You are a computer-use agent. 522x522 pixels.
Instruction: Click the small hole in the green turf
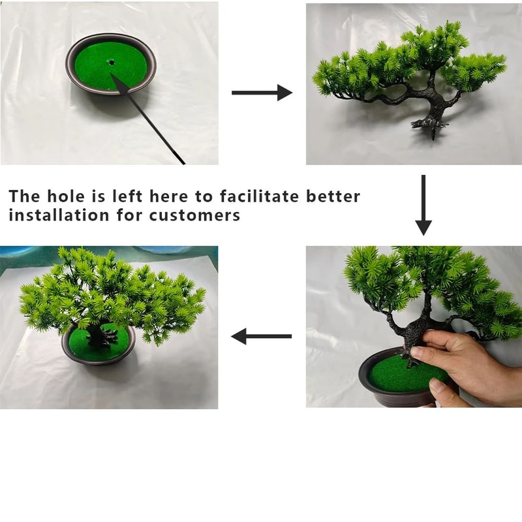coord(112,63)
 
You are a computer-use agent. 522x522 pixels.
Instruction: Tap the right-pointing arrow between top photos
coord(262,93)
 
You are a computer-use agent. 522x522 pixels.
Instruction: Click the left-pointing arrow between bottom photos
coord(262,337)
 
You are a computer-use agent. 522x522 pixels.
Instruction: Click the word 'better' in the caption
coord(333,196)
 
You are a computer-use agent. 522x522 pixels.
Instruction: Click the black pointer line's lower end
coord(183,162)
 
